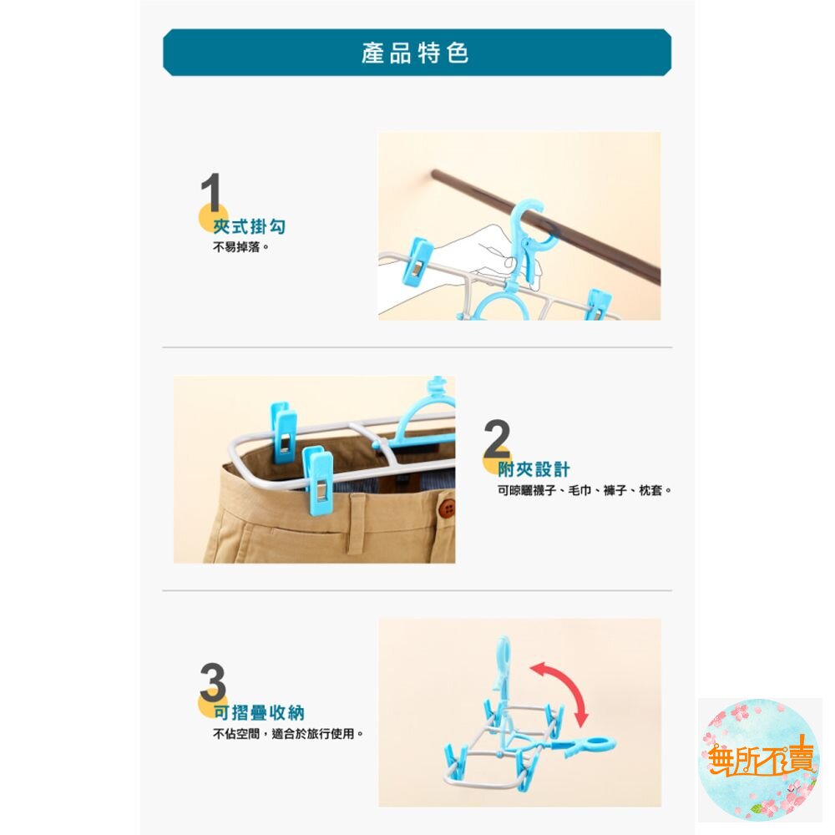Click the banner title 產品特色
tap(415, 53)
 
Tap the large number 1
tap(211, 193)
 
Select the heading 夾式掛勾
tap(249, 226)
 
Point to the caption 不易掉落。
tap(240, 247)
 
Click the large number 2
tap(497, 438)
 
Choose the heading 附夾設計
tap(534, 469)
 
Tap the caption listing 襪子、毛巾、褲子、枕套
tap(584, 490)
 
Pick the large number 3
tap(212, 682)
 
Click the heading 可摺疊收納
tap(259, 712)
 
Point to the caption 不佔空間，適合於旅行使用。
tap(288, 734)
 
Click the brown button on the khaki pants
tap(448, 509)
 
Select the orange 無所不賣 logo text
tap(760, 757)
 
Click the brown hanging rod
tap(545, 225)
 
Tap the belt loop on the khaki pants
tap(357, 522)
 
